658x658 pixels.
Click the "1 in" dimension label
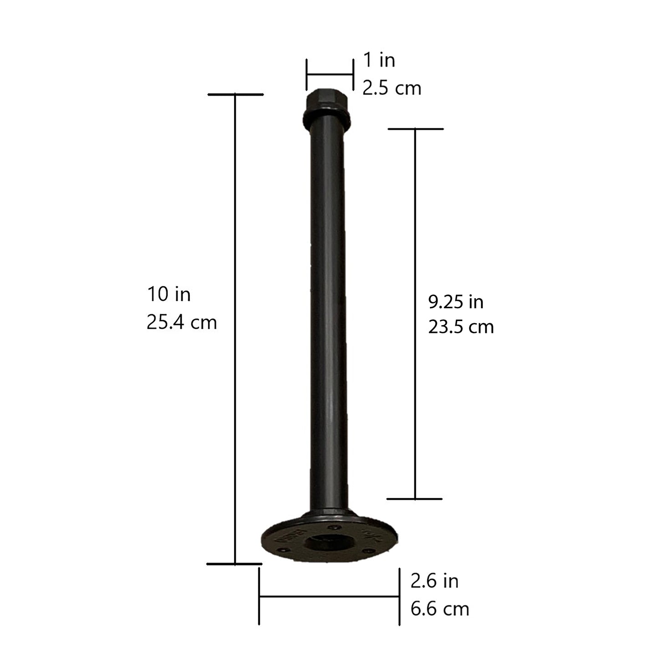pos(379,60)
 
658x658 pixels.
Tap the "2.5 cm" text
pos(392,88)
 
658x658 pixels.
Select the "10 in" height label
pos(168,295)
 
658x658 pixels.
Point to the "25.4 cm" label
pos(181,322)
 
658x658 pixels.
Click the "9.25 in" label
pos(455,301)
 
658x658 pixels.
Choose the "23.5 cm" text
pos(461,327)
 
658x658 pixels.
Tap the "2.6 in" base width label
pos(434,581)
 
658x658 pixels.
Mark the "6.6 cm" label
pos(439,609)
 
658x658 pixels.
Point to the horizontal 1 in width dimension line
pos(330,74)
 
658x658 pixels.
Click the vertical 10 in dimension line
pos(235,328)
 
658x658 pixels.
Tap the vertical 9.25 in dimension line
pos(415,314)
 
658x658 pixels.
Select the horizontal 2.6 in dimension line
pos(329,596)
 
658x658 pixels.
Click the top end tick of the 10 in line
pos(235,95)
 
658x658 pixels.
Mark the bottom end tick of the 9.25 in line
pos(415,499)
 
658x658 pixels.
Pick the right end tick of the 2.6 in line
pos(399,597)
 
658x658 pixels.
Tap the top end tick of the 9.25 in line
pos(415,129)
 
